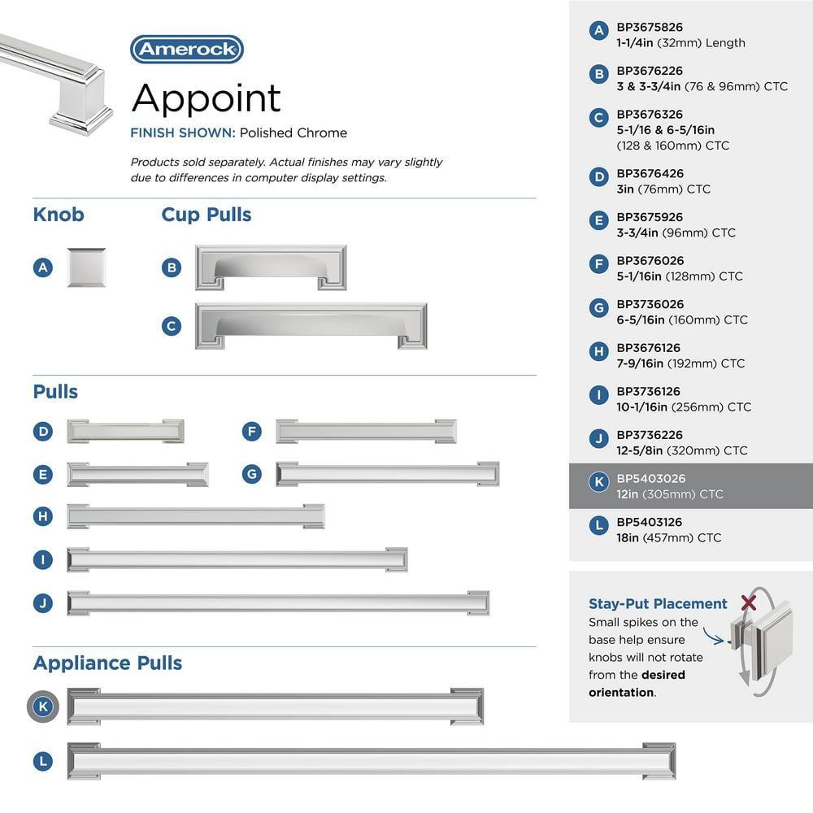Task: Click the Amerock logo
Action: click(x=187, y=50)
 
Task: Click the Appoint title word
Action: click(x=206, y=98)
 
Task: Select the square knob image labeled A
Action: click(x=86, y=267)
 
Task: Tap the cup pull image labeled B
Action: click(x=271, y=267)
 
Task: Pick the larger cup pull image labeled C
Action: click(x=311, y=326)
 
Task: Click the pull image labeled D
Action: click(x=125, y=431)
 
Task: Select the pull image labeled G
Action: click(x=387, y=474)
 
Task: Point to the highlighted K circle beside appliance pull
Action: click(x=44, y=706)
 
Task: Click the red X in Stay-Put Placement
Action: click(x=750, y=602)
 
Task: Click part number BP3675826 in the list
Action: click(x=650, y=28)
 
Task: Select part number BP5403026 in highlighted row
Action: click(x=650, y=479)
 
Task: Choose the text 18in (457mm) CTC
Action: click(x=668, y=537)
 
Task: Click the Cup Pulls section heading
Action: click(x=207, y=215)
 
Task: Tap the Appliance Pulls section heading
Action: click(x=107, y=663)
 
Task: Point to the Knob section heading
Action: click(x=59, y=215)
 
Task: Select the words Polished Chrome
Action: click(x=293, y=133)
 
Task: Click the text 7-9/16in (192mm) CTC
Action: click(x=680, y=363)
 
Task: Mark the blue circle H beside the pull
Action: click(x=44, y=516)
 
